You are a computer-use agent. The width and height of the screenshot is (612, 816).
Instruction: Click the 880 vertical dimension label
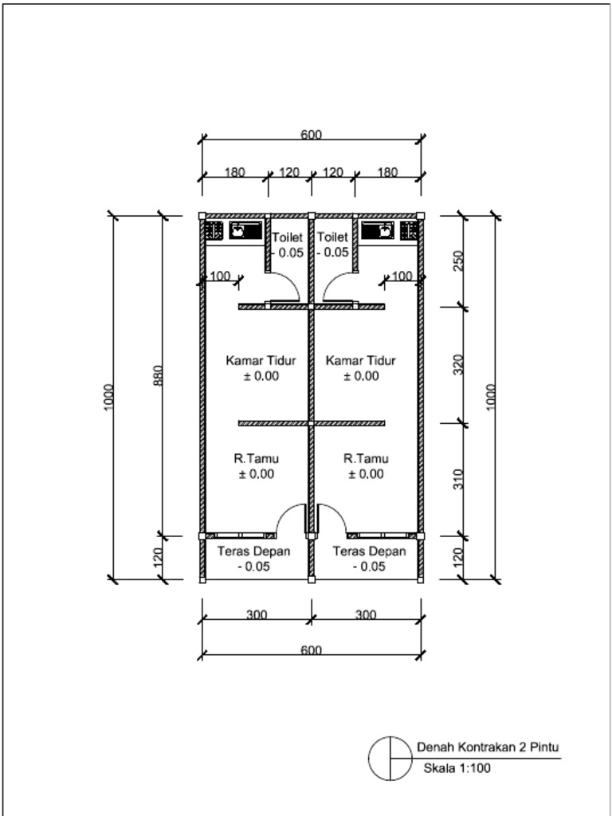point(157,375)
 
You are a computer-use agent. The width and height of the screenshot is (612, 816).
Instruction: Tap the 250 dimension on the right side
point(458,261)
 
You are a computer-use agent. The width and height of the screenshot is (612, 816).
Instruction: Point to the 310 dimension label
point(458,479)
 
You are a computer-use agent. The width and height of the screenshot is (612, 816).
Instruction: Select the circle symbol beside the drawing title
point(390,758)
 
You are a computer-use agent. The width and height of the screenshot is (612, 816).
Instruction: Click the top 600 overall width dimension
point(311,135)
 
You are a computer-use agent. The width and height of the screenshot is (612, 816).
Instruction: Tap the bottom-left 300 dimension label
point(256,614)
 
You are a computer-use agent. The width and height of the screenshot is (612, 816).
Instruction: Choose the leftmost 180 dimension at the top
point(234,172)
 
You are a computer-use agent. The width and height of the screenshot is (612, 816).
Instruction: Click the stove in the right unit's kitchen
point(410,231)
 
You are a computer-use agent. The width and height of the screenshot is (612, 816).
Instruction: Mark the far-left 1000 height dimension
point(108,398)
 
